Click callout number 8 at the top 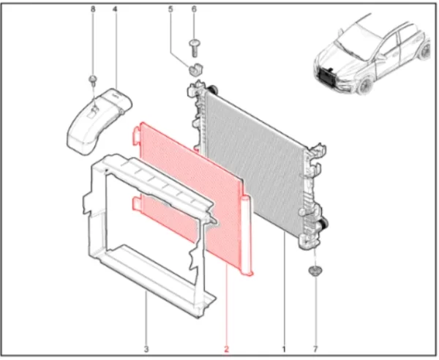[x=93, y=10]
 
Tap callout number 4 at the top [x=115, y=10]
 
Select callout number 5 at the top [x=170, y=10]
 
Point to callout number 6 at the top [x=194, y=10]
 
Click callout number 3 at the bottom [x=146, y=349]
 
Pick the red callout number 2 [x=226, y=349]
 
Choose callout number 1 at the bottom [x=284, y=349]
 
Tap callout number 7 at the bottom [x=315, y=349]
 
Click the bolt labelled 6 [x=194, y=48]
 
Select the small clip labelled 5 [x=196, y=70]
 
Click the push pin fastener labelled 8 [x=93, y=79]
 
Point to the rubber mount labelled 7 [x=315, y=271]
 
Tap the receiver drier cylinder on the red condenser [x=246, y=235]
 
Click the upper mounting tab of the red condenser [x=136, y=136]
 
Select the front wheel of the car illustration [x=364, y=86]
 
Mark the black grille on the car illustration [x=326, y=76]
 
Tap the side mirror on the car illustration [x=381, y=57]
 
